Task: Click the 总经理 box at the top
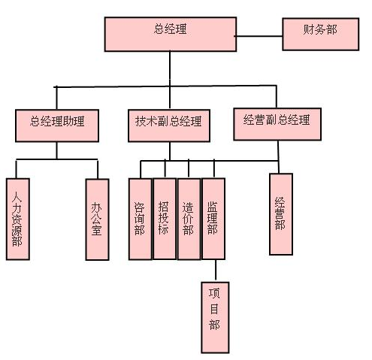171,35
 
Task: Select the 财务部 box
321,35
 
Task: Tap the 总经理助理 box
57,126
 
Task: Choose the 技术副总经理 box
169,126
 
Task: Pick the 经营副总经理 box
277,124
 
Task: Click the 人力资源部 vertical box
18,219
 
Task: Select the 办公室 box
97,219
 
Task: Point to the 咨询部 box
140,219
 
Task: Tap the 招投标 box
165,219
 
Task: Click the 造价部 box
189,219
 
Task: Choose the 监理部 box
213,219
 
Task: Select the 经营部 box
281,214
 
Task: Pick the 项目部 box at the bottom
215,318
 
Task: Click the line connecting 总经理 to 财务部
259,36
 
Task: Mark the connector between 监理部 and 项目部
216,271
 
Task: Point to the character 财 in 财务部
309,29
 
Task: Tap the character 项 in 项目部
214,293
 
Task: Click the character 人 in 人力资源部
17,197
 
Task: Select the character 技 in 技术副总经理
141,121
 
